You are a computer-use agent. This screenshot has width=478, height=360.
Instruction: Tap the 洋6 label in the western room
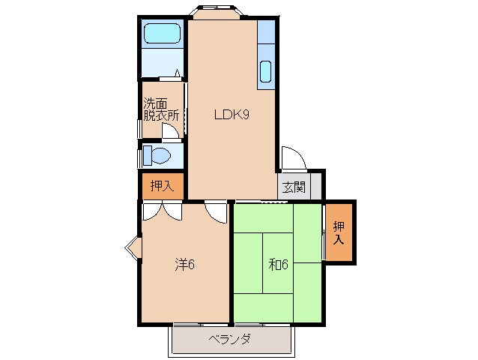tap(185, 264)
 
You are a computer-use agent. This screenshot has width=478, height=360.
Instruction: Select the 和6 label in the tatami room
tap(279, 264)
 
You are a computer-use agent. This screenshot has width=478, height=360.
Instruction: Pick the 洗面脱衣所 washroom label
tap(161, 111)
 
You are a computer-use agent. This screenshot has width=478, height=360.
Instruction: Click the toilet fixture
tap(157, 156)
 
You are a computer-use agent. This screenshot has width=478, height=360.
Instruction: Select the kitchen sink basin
tap(266, 71)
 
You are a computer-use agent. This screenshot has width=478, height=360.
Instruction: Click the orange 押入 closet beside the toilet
tap(161, 186)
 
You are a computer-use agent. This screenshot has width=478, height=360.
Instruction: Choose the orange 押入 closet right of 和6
tap(339, 232)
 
